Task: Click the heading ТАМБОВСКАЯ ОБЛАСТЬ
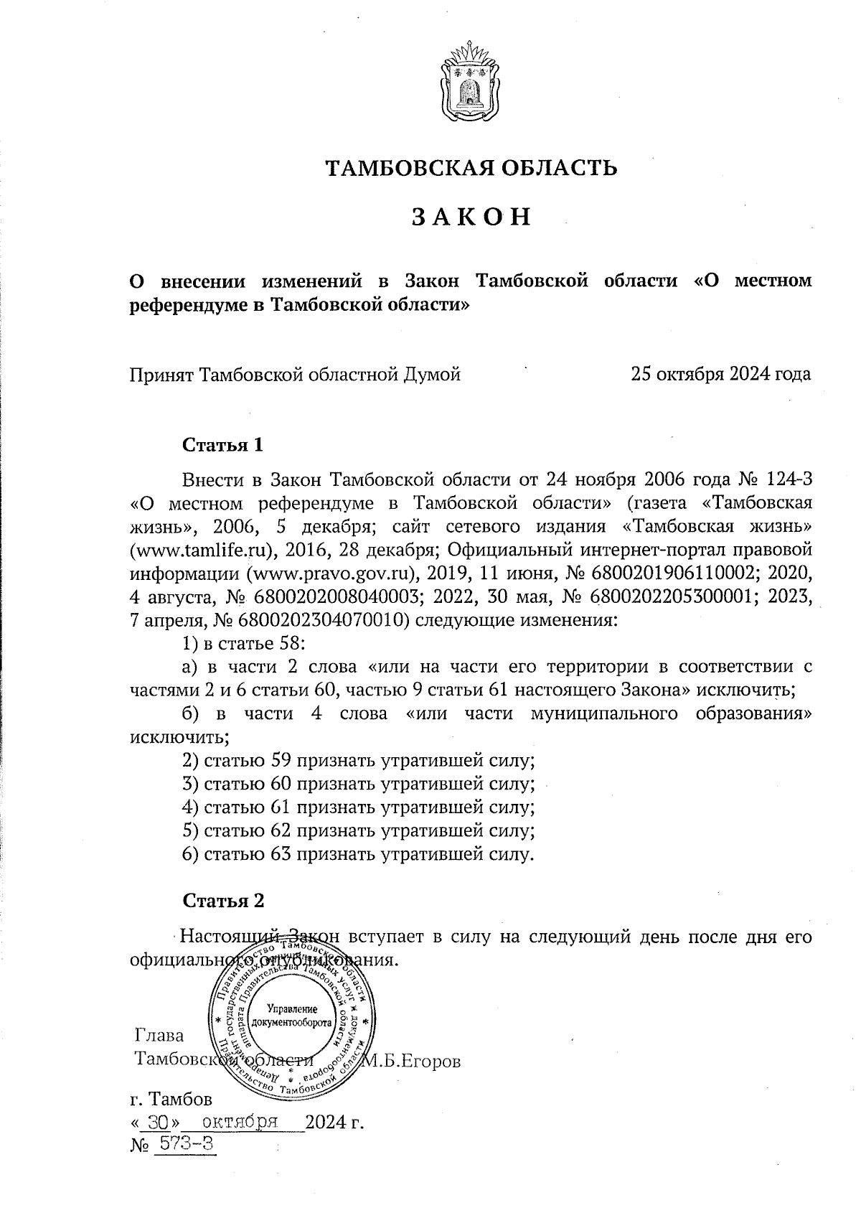tap(471, 169)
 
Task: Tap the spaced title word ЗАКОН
tap(471, 217)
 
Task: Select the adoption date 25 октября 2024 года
tap(720, 374)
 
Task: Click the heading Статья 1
tap(223, 445)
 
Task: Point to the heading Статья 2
tap(223, 900)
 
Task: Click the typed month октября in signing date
tap(241, 1122)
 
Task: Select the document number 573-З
tap(184, 1145)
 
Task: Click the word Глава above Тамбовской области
tap(159, 1036)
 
